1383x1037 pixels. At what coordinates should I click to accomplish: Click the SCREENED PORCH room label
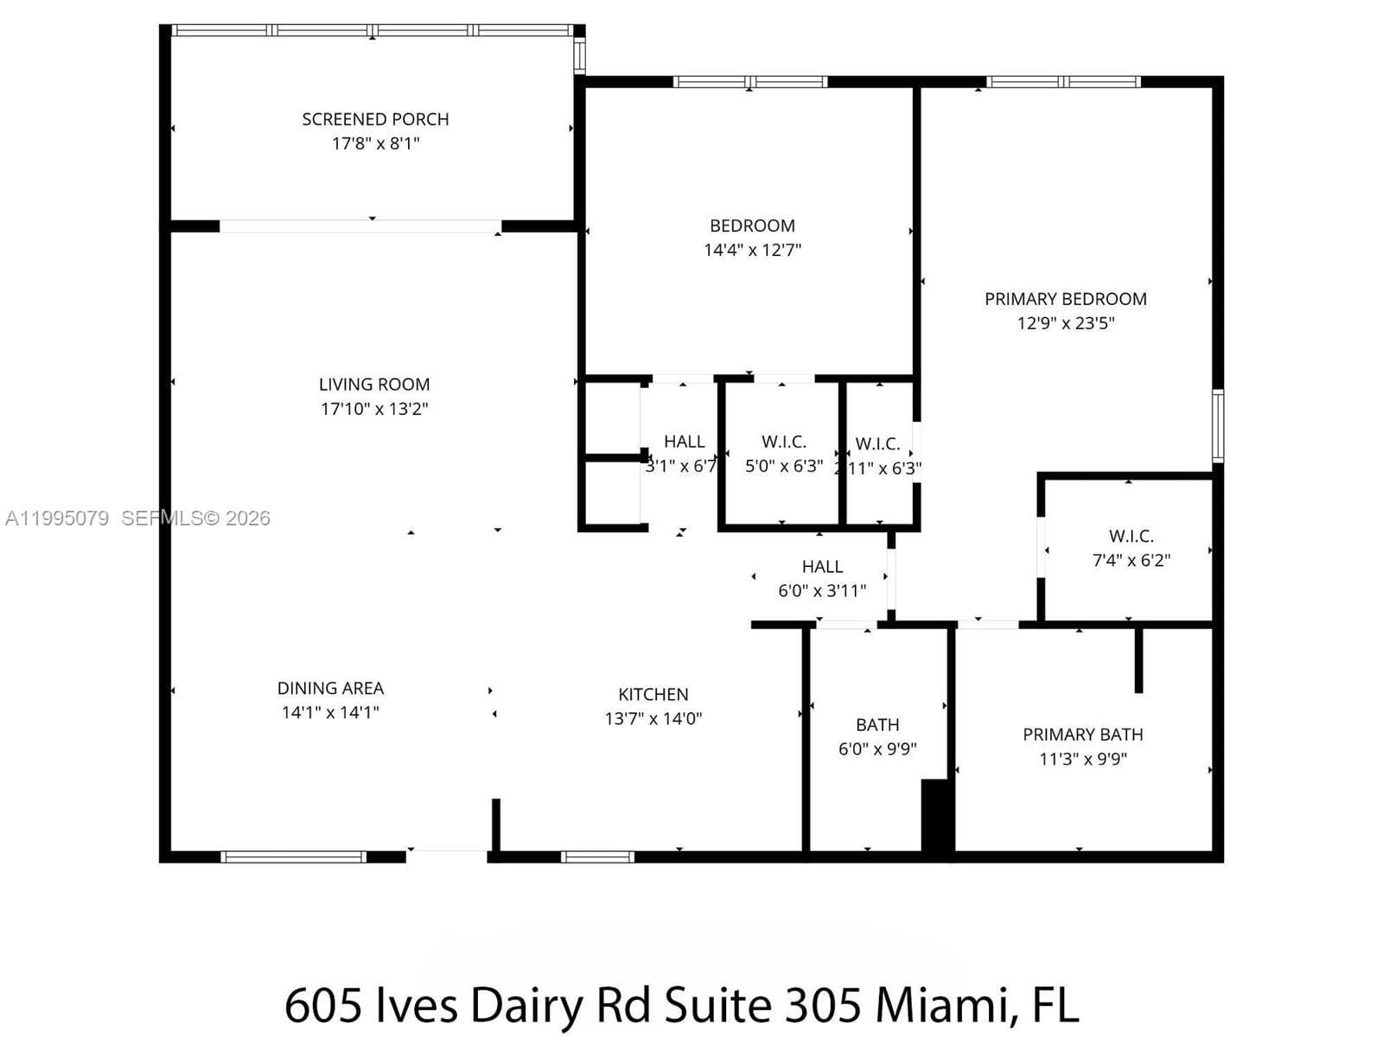pyautogui.click(x=375, y=119)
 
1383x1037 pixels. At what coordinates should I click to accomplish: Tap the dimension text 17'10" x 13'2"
pyautogui.click(x=374, y=409)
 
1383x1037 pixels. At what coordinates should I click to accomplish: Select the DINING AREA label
pyautogui.click(x=330, y=688)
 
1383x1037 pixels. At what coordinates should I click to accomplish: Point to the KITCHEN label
pyautogui.click(x=653, y=694)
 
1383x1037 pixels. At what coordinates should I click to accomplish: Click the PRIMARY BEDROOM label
pyautogui.click(x=1066, y=298)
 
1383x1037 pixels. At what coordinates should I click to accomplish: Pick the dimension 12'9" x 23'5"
pyautogui.click(x=1066, y=323)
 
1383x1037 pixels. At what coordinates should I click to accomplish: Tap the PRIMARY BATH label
pyautogui.click(x=1082, y=735)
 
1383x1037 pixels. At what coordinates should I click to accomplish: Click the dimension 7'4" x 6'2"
pyautogui.click(x=1131, y=560)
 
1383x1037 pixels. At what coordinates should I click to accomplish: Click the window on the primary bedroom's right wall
pyautogui.click(x=1218, y=426)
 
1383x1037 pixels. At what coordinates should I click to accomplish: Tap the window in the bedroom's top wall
pyautogui.click(x=749, y=81)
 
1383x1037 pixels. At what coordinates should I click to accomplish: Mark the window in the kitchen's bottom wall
pyautogui.click(x=597, y=856)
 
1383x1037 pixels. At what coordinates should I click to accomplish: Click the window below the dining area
pyautogui.click(x=293, y=856)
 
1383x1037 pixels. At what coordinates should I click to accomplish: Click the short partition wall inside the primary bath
pyautogui.click(x=1138, y=659)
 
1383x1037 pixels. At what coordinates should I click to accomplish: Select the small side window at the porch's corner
pyautogui.click(x=579, y=55)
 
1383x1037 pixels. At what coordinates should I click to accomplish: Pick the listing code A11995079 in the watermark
pyautogui.click(x=57, y=518)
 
